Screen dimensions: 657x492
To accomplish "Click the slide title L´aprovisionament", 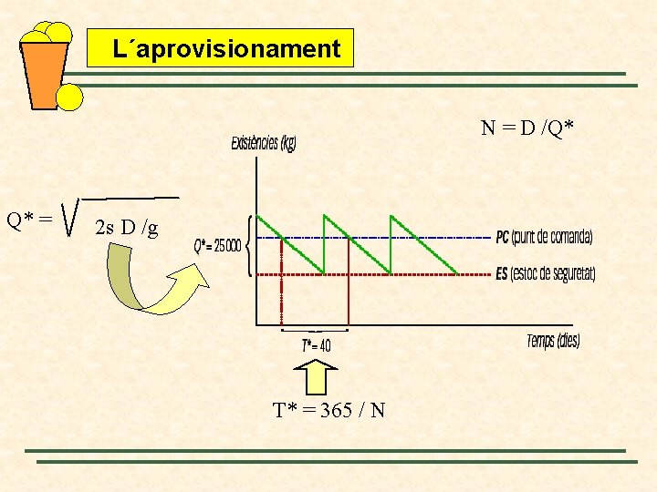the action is pos(220,48).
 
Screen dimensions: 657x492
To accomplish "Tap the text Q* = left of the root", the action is pos(28,220).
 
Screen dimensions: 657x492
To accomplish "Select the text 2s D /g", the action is pos(126,228).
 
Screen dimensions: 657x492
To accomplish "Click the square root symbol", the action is pos(71,217).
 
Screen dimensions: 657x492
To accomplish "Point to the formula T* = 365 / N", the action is pos(329,410).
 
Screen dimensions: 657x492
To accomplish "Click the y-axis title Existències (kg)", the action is pos(264,144).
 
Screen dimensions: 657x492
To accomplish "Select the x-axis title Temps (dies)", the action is pos(553,341).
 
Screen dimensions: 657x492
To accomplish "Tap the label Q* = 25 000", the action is pos(217,246).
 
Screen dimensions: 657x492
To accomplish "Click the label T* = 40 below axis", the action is pos(316,345).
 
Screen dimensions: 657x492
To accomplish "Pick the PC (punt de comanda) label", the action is pos(544,238).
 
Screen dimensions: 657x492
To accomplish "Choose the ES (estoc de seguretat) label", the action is pos(545,274).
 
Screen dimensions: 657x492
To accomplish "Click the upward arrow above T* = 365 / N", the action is pos(318,376).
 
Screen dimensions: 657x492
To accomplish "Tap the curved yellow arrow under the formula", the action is pos(151,282).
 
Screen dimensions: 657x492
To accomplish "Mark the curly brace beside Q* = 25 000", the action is pos(250,245).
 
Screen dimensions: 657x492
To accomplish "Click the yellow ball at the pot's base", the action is pos(69,97).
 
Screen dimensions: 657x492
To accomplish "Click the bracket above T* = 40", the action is pos(315,329).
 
